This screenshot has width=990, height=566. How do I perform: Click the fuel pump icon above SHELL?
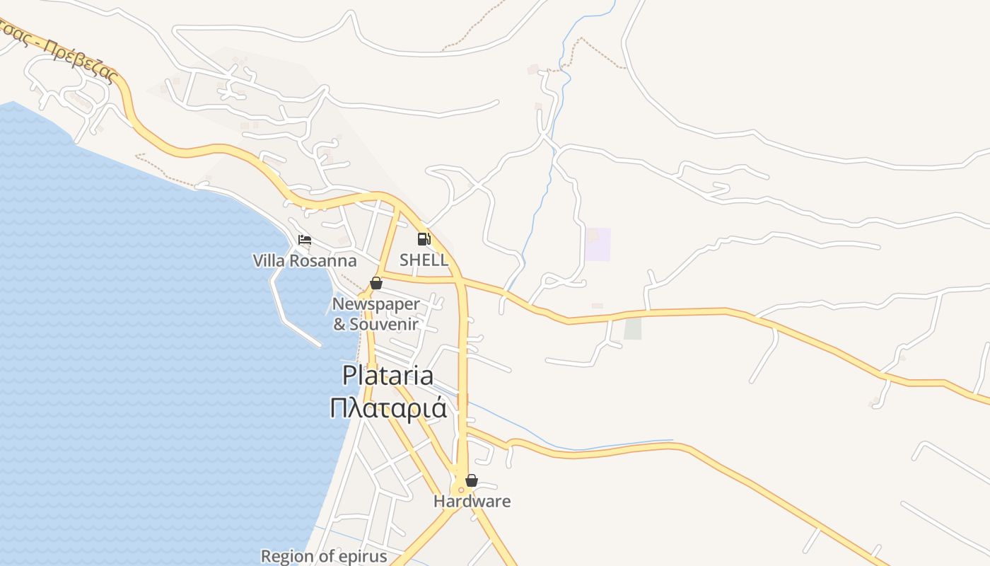pos(424,239)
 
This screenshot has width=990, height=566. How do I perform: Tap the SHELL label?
pos(424,260)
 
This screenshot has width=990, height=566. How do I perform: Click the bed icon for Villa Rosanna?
pos(305,240)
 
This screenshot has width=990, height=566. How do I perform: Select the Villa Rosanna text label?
pos(305,261)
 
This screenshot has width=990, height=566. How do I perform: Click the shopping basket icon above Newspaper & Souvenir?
pos(376,283)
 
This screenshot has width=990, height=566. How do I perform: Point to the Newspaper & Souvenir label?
pos(376,314)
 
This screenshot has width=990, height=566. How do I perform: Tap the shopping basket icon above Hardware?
pos(472,481)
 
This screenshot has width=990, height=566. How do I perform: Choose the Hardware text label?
pos(472,502)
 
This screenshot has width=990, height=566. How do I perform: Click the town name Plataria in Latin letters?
pos(388,375)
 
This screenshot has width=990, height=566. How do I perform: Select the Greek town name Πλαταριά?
pos(388,408)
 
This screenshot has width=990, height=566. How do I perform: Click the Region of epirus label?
pos(324,556)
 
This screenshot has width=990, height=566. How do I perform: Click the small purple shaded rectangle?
pos(598,244)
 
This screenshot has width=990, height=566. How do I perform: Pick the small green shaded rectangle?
pos(633,328)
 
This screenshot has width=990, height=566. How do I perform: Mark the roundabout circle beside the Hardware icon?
pos(461,489)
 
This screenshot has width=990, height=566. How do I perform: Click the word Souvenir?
pos(384,325)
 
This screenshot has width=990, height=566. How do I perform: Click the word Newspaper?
pos(376,304)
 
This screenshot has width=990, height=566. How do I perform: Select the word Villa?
pos(269,261)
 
